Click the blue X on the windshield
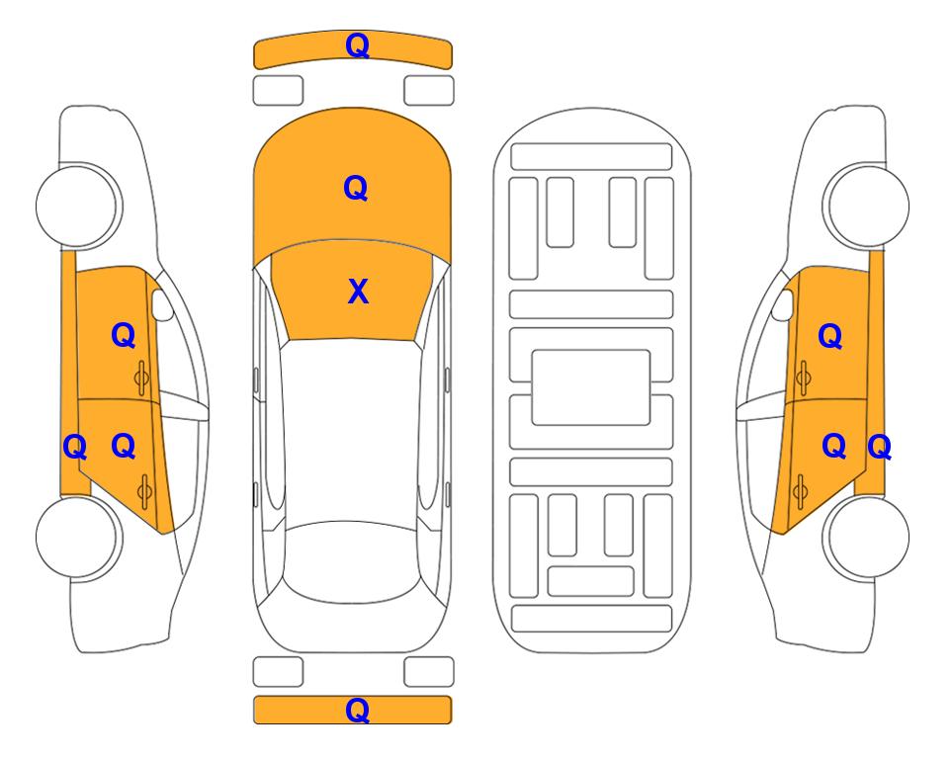[x=358, y=292]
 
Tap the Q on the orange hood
[x=356, y=188]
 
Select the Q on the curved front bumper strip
[x=358, y=45]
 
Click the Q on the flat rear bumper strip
[x=358, y=710]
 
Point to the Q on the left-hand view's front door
[x=124, y=335]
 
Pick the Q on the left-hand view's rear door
[x=124, y=447]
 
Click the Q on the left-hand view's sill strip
[x=75, y=448]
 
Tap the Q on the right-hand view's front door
[x=830, y=336]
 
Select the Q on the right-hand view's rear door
[x=834, y=447]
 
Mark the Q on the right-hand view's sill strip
[x=879, y=448]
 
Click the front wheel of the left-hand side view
[x=77, y=206]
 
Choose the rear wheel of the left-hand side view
[x=77, y=537]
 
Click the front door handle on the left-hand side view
[x=142, y=379]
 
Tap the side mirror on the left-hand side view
[x=161, y=304]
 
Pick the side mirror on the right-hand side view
[x=783, y=304]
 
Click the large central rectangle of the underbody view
[x=591, y=387]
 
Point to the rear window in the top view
[x=352, y=561]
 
